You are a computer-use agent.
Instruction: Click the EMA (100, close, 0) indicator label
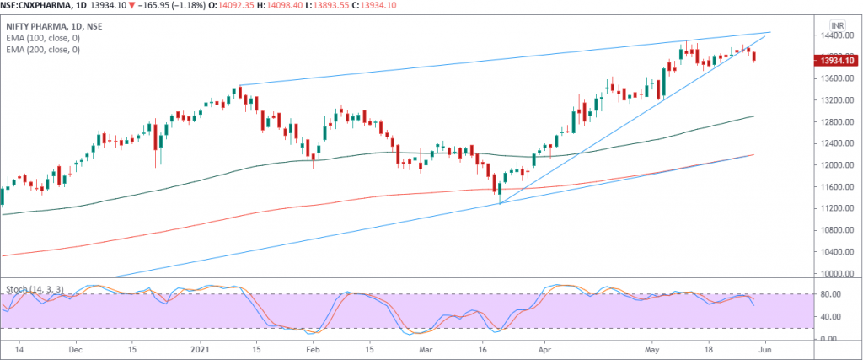[x=42, y=38]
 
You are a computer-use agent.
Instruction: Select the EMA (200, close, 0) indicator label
[x=42, y=51]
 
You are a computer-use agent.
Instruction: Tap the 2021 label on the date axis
[x=199, y=347]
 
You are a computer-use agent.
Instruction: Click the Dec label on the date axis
[x=75, y=347]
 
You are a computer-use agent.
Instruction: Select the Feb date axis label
[x=313, y=347]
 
